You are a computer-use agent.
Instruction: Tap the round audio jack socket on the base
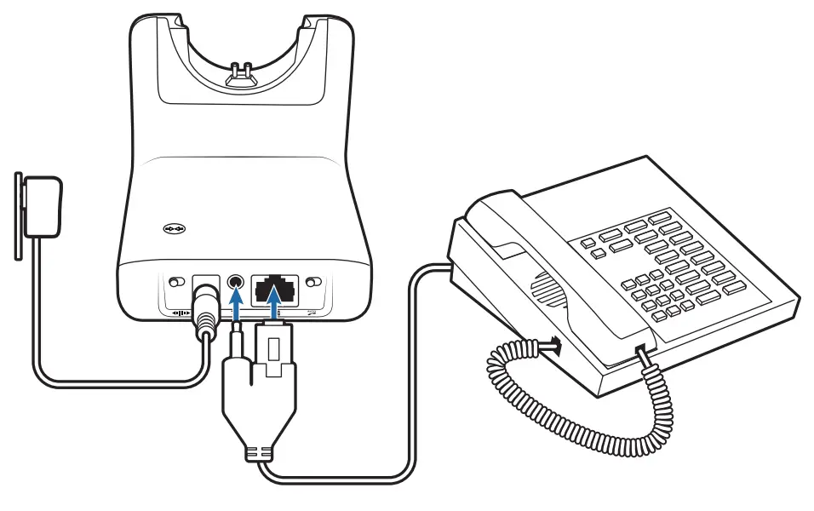point(236,281)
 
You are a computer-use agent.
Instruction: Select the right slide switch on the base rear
point(314,282)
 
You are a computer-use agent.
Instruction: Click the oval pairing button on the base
point(174,229)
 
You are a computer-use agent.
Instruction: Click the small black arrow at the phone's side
point(554,345)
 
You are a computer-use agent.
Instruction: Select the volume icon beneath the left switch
point(181,313)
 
